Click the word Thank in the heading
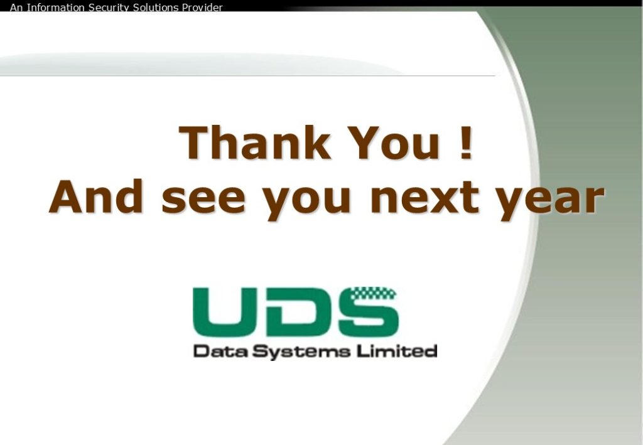(255, 142)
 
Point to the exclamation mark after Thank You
(466, 142)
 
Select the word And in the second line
(96, 196)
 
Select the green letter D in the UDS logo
(296, 311)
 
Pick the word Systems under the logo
(301, 352)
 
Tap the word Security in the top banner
(109, 8)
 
